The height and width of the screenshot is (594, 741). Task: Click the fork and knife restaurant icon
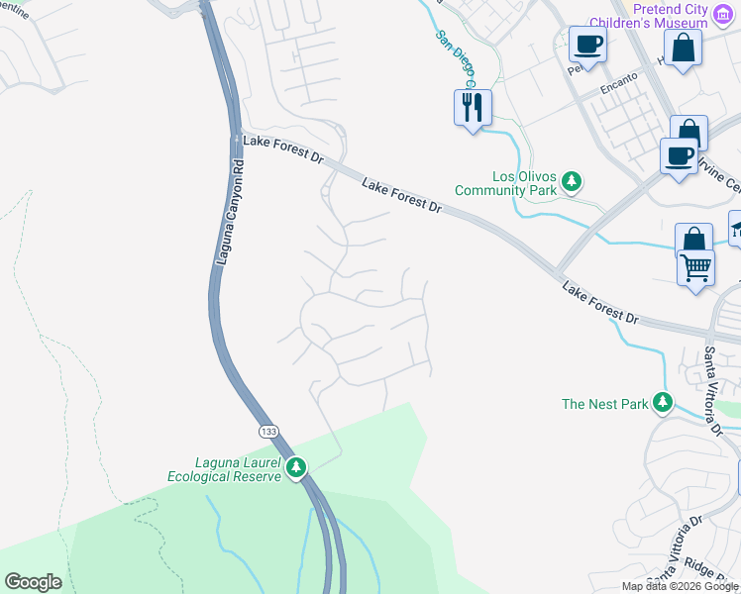(x=472, y=106)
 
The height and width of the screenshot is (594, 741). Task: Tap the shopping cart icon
(x=695, y=267)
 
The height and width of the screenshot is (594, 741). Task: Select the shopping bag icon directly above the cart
(x=693, y=241)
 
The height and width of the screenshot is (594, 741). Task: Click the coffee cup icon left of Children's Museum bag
(x=587, y=46)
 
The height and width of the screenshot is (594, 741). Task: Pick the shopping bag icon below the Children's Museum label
(x=683, y=48)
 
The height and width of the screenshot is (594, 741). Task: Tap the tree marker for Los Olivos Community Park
(x=571, y=181)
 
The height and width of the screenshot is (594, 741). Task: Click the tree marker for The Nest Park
(x=662, y=403)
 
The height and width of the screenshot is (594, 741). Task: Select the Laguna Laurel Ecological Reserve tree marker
(x=294, y=466)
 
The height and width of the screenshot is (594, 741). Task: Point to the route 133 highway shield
(x=269, y=432)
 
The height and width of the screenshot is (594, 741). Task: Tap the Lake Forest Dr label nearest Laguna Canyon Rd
(x=282, y=149)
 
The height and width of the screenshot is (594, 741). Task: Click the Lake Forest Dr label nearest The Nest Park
(x=600, y=303)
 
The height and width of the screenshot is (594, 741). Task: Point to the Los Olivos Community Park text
(x=506, y=182)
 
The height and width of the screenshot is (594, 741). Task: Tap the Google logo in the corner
(x=33, y=582)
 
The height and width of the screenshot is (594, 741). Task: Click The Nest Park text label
(x=604, y=404)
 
